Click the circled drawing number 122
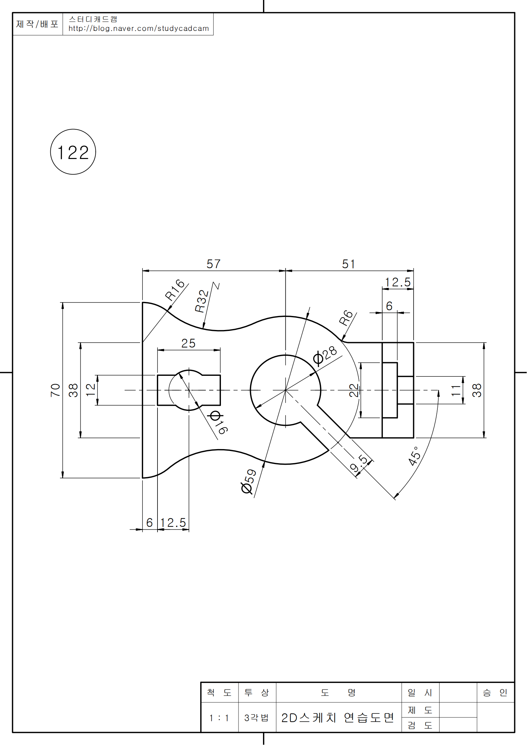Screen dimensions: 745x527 coord(73,152)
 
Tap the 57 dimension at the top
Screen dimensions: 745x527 coord(213,264)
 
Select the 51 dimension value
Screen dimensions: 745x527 coord(348,264)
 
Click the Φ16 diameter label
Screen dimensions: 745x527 coord(219,422)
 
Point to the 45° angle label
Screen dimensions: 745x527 coord(415,456)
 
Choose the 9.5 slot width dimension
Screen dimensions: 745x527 coord(359,464)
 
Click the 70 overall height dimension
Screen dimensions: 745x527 coord(55,390)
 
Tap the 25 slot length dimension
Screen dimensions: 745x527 coord(188,343)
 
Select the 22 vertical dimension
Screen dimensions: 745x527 coord(354,390)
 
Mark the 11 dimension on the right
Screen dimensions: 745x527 coord(456,390)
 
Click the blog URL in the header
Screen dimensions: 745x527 coord(139,29)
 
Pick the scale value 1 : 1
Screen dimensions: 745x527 coord(219,718)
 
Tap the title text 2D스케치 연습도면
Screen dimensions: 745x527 coord(338,718)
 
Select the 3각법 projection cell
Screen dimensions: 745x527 coord(257,718)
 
